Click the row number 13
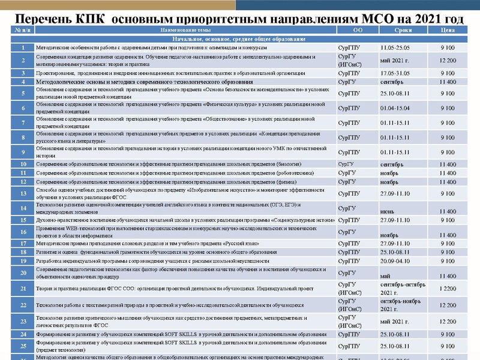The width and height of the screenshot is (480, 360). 22,193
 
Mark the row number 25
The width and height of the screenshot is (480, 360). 22,346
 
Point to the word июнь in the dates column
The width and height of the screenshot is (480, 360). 388,211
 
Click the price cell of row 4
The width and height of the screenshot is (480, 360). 447,82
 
